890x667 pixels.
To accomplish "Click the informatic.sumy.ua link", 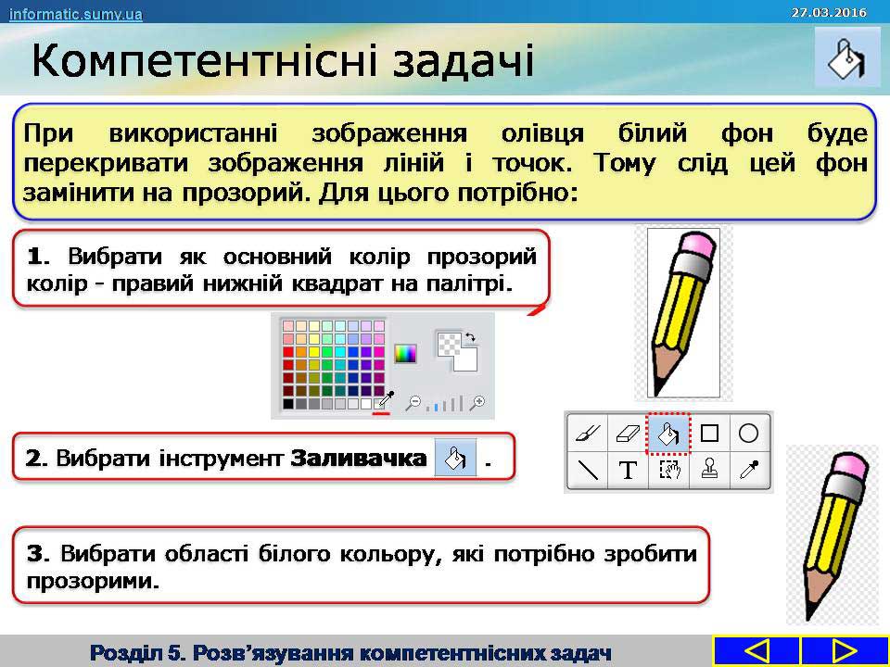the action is click(x=75, y=14).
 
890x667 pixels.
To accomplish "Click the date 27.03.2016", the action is click(x=829, y=12).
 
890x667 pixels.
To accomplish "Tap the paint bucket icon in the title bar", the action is click(x=846, y=58).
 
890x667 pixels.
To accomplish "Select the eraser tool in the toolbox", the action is click(x=628, y=434).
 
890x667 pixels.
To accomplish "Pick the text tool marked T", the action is click(x=628, y=471).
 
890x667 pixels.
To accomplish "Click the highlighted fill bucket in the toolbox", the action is click(x=668, y=434).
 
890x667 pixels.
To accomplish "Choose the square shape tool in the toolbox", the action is click(x=709, y=434).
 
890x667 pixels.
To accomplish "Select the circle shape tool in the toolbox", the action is click(x=749, y=434).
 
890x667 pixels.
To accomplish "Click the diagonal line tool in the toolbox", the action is click(x=588, y=471).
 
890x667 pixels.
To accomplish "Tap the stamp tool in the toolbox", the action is click(x=709, y=470).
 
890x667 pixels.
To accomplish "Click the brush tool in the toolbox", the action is click(x=588, y=434).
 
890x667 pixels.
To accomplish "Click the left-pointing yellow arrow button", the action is click(x=756, y=650).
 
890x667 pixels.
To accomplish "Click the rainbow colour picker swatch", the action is click(x=405, y=353).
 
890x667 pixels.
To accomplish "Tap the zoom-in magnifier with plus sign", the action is click(x=478, y=403).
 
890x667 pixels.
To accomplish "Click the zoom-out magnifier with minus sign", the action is click(x=413, y=403).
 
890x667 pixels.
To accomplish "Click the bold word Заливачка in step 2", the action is click(x=358, y=458).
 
